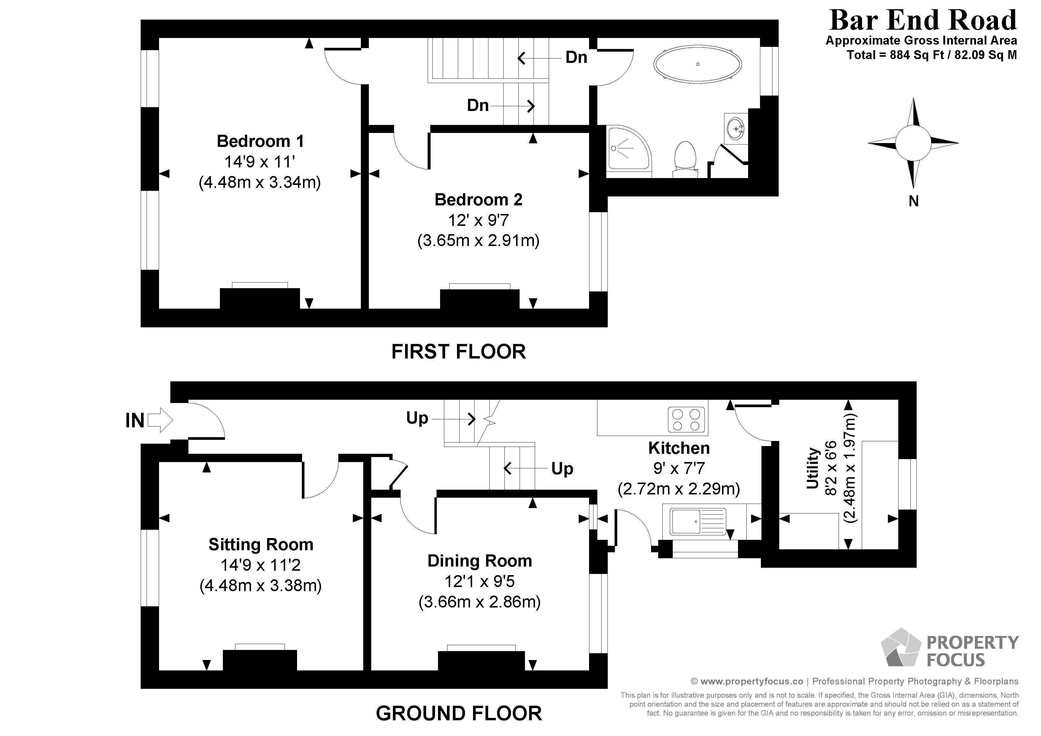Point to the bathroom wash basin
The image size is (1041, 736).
point(735,128)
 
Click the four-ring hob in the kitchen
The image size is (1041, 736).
point(686,419)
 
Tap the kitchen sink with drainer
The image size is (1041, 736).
point(698,521)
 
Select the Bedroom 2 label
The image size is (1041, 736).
point(478,199)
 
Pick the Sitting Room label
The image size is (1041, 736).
point(261,544)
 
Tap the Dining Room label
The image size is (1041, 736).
point(479,561)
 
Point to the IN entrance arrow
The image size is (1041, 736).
point(160,420)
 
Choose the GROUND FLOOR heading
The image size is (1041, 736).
point(458,713)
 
